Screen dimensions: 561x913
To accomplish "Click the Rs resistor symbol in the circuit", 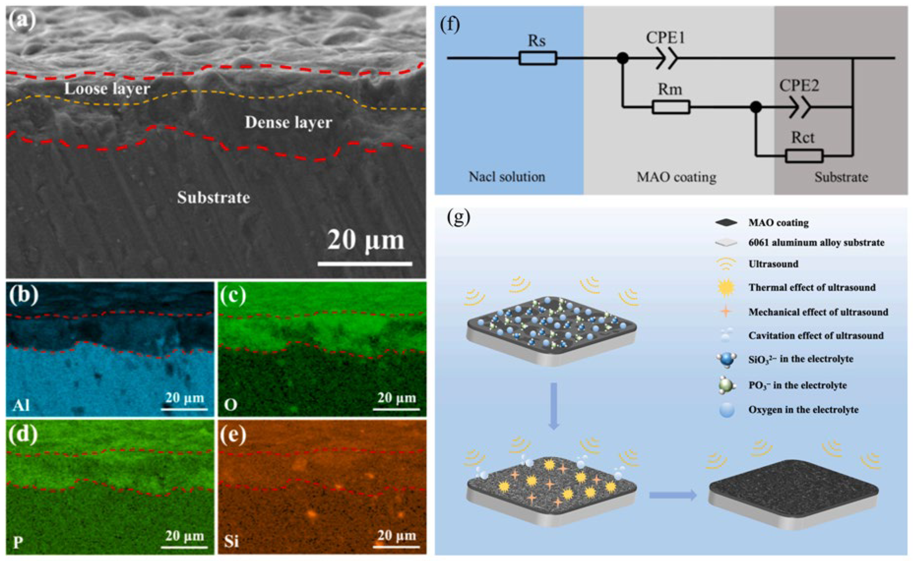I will [x=537, y=58].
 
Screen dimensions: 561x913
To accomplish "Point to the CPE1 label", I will [x=665, y=38].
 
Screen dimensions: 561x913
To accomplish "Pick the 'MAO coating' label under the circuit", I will [x=676, y=177].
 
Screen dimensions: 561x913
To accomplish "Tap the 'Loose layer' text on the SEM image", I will [x=107, y=89].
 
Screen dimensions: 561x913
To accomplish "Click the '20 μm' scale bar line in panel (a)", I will [x=365, y=264].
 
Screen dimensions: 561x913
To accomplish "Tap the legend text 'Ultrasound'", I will [x=773, y=264].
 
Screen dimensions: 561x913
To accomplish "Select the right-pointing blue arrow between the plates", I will [x=672, y=495].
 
